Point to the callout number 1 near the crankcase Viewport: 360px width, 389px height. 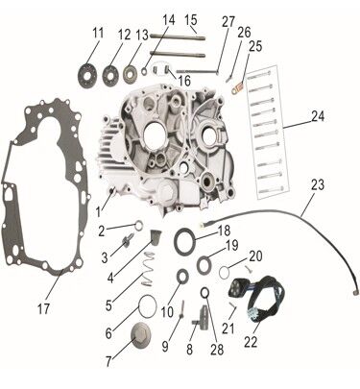99,209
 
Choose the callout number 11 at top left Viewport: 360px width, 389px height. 97,34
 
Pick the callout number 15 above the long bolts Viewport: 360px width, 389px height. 191,18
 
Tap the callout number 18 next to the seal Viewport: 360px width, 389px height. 224,231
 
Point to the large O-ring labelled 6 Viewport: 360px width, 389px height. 145,308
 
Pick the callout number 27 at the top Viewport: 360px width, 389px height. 228,20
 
